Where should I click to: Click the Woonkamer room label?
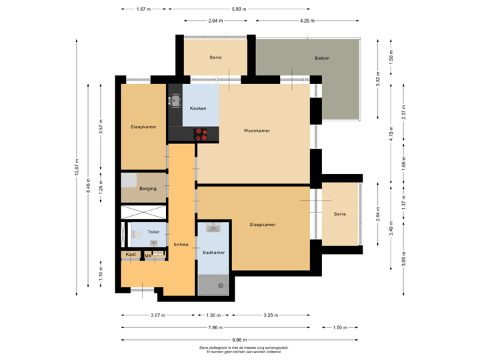pyautogui.click(x=257, y=131)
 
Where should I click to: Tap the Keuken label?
pyautogui.click(x=198, y=108)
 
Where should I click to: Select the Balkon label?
pyautogui.click(x=322, y=58)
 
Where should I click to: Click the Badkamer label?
pyautogui.click(x=213, y=253)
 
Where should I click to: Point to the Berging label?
pyautogui.click(x=148, y=189)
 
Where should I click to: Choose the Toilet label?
pyautogui.click(x=153, y=232)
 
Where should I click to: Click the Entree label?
pyautogui.click(x=181, y=245)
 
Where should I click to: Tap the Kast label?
pyautogui.click(x=131, y=255)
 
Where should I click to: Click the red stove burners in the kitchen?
pyautogui.click(x=201, y=134)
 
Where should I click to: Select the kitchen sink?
pyautogui.click(x=177, y=101)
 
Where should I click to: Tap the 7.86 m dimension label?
pyautogui.click(x=214, y=327)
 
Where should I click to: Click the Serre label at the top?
pyautogui.click(x=215, y=58)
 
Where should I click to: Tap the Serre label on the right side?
pyautogui.click(x=340, y=214)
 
